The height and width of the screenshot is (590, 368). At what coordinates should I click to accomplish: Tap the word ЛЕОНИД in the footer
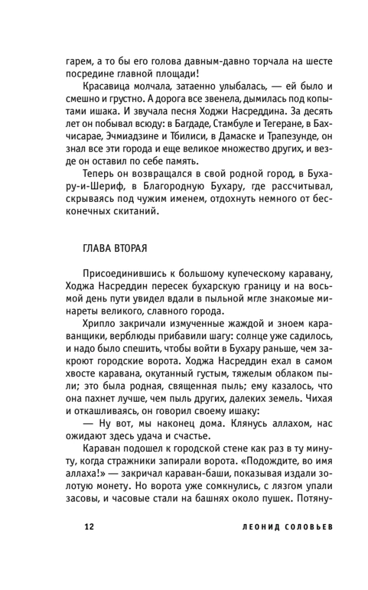tap(251, 526)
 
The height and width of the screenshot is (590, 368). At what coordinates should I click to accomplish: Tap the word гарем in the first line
tap(78, 61)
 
